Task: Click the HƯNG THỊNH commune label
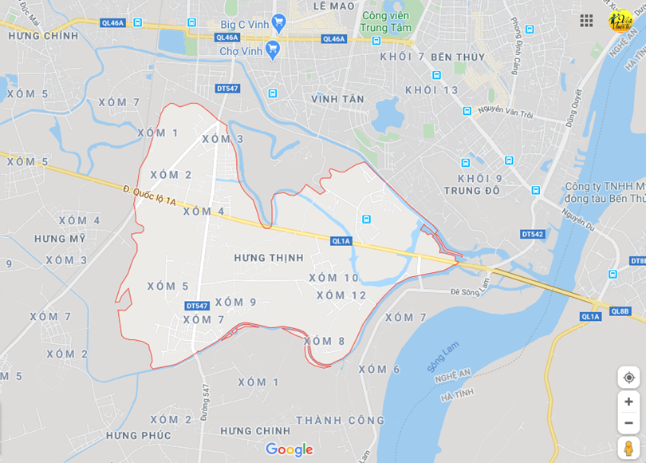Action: (x=269, y=258)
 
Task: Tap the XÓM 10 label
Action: (x=334, y=278)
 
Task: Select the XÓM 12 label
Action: (x=341, y=295)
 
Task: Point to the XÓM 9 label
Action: (x=235, y=302)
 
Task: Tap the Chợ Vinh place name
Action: (x=241, y=51)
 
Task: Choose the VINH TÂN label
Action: (x=337, y=99)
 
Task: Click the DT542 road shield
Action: (x=533, y=234)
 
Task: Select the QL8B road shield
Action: (x=620, y=311)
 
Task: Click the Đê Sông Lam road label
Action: (x=471, y=291)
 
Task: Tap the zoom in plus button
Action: (x=628, y=402)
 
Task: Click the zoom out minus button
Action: (x=628, y=423)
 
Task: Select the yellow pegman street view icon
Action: (x=628, y=448)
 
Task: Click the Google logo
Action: (x=289, y=449)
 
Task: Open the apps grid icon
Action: (x=586, y=21)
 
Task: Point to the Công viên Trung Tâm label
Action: (x=385, y=22)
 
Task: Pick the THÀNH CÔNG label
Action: (x=341, y=420)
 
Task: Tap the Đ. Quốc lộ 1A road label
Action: (x=150, y=196)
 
